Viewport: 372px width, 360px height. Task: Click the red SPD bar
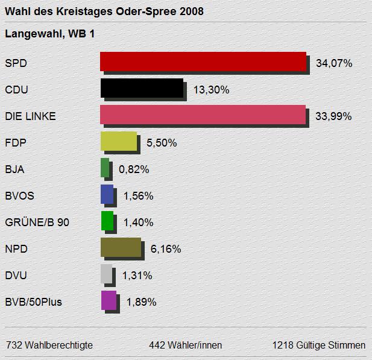tap(203, 62)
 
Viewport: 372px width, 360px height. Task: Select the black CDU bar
tap(142, 89)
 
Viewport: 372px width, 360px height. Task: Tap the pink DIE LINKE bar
tap(203, 115)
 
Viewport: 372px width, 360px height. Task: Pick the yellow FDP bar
tap(118, 142)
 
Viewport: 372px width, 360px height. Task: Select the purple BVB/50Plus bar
tap(109, 300)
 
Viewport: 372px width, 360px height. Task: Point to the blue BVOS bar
tap(107, 194)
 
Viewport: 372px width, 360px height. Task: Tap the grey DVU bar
tap(106, 274)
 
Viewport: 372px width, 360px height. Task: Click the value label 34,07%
tap(333, 63)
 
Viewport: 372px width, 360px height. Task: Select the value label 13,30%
tap(211, 90)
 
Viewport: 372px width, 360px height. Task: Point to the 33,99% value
tap(333, 116)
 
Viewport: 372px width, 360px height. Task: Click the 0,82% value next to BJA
tap(134, 169)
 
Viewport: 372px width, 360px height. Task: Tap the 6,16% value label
tap(165, 249)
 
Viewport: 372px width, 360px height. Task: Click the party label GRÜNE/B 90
tap(37, 223)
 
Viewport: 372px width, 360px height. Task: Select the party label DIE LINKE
tap(30, 116)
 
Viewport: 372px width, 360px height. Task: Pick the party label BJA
tap(14, 169)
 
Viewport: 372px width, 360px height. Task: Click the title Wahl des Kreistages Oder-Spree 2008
tap(104, 11)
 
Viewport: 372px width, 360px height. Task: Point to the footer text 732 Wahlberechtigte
tap(49, 346)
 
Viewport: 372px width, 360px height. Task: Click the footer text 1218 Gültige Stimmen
tap(318, 346)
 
